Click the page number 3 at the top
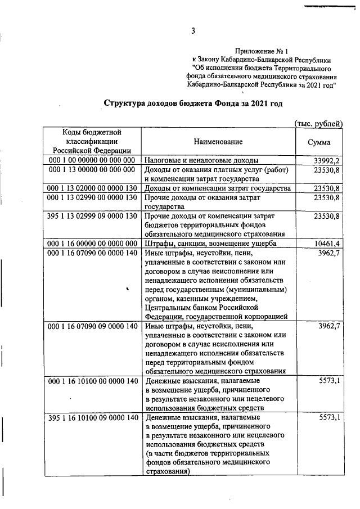[x=192, y=31]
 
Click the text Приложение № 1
[x=262, y=51]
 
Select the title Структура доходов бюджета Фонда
[x=193, y=103]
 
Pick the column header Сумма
[x=319, y=142]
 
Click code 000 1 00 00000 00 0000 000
[x=92, y=160]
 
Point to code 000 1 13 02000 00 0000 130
[x=92, y=188]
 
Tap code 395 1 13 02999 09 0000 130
[x=92, y=215]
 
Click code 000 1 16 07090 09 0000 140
[x=92, y=326]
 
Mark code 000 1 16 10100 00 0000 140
[x=92, y=381]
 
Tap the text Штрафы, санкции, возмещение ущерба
[x=211, y=242]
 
